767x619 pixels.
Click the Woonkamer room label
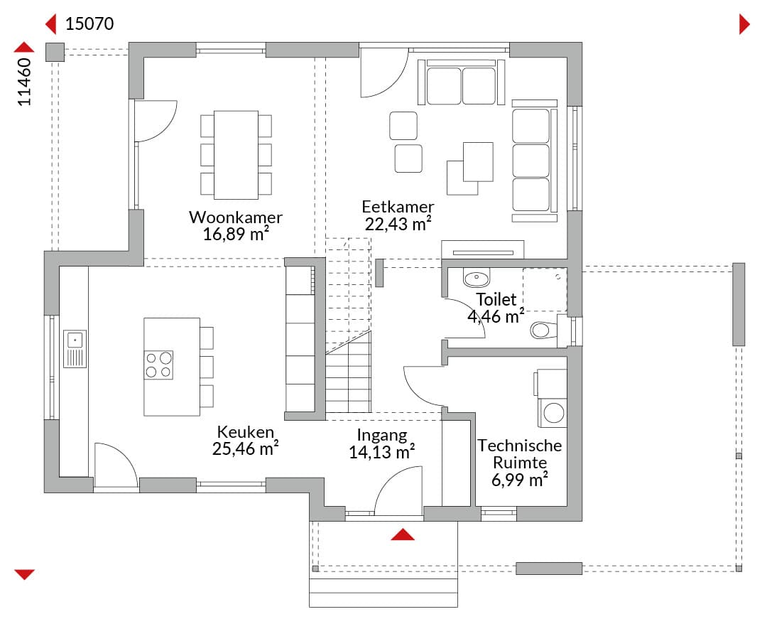pos(236,217)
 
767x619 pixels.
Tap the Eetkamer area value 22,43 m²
pos(398,224)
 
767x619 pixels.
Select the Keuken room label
pos(246,431)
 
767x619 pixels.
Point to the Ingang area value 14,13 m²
pos(381,452)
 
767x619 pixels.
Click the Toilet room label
pos(496,299)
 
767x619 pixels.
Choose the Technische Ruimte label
pos(519,453)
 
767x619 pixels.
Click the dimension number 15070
pos(89,23)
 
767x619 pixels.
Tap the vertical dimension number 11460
pos(24,82)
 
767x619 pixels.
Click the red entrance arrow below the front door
pos(403,534)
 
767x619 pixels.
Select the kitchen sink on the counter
pos(75,349)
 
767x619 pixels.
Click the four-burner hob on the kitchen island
pos(158,365)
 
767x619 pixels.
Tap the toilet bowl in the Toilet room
pos(543,329)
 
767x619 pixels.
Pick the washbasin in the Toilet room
pos(476,279)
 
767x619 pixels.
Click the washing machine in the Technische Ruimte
pos(553,412)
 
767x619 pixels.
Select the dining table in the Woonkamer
pos(236,155)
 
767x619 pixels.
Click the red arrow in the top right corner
pos(744,24)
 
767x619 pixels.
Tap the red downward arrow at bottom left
pos(24,574)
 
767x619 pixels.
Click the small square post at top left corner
pos(55,52)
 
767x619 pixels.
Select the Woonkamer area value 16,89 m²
pos(236,235)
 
